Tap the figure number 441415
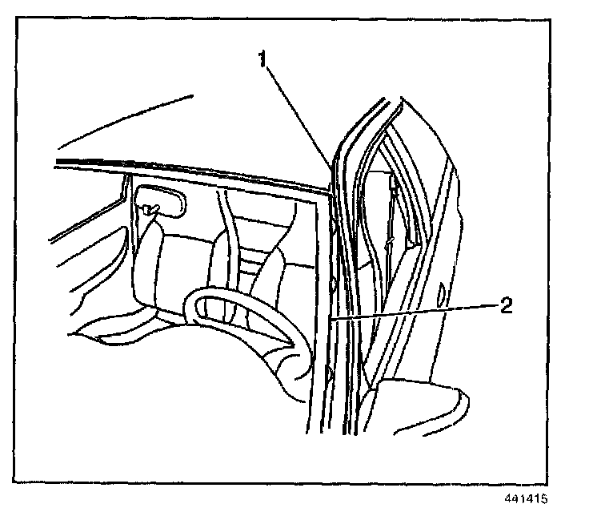[526, 498]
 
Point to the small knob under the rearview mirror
[150, 209]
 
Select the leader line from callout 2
[416, 312]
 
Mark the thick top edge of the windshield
[192, 173]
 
